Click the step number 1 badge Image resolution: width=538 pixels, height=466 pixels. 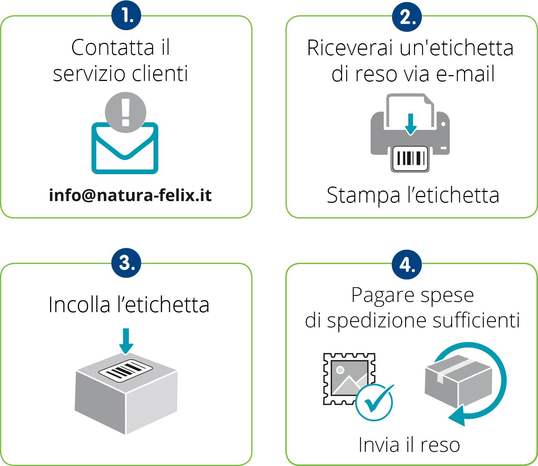click(x=126, y=16)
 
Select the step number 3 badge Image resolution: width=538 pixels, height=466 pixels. click(x=126, y=263)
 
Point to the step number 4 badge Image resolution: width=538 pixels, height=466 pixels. click(x=407, y=265)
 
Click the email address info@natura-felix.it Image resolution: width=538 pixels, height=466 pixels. click(x=130, y=195)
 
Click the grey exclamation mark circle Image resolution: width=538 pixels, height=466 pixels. click(x=126, y=112)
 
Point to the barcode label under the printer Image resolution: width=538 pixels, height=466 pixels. click(x=410, y=159)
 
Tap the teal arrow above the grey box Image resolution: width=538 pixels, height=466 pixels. click(x=126, y=340)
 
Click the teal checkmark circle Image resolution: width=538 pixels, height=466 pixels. click(x=374, y=402)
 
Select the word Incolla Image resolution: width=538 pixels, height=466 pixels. click(x=79, y=304)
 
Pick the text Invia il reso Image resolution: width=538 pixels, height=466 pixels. click(x=409, y=445)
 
